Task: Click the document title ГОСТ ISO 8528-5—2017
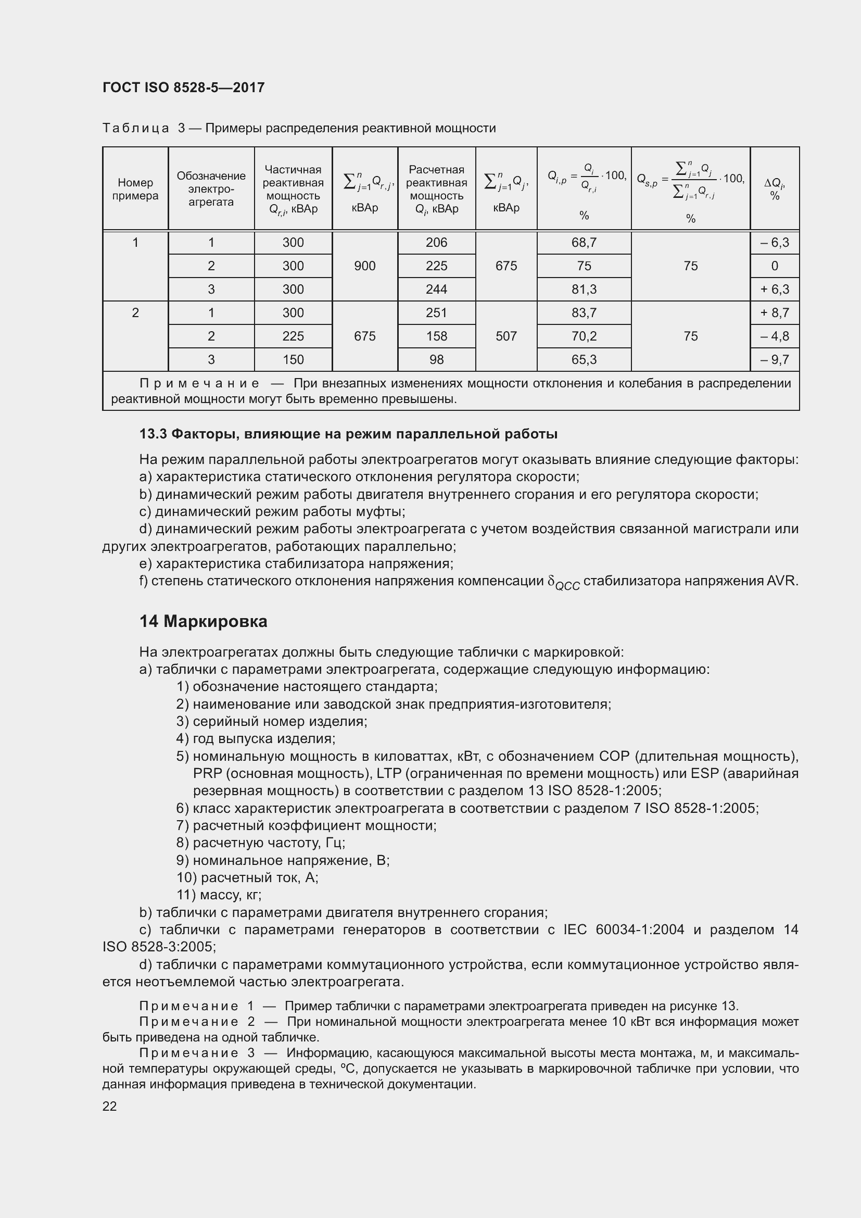coord(183,87)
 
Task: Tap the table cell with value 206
coord(436,243)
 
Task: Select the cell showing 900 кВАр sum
coord(365,266)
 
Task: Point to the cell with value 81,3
coord(584,290)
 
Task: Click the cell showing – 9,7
coord(774,360)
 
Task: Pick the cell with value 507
coord(506,336)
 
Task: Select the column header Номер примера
coord(135,190)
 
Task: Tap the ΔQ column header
coord(774,190)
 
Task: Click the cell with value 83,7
coord(584,313)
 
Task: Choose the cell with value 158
coord(436,336)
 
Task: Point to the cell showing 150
coord(293,360)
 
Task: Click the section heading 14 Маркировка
coord(203,621)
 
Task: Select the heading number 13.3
coord(153,434)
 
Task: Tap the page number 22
coord(109,1106)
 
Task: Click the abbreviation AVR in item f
coord(781,581)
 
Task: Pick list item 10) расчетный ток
coord(247,878)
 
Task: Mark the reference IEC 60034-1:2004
coord(624,930)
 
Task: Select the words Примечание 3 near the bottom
coord(197,1053)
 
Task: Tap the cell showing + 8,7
coord(774,313)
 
